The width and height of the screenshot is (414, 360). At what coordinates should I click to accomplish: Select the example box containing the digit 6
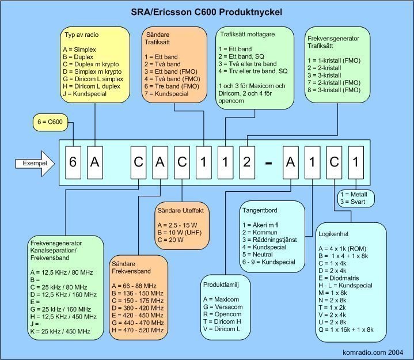pyautogui.click(x=73, y=162)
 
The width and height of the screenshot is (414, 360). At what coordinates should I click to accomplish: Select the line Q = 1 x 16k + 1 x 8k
pyautogui.click(x=346, y=329)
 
